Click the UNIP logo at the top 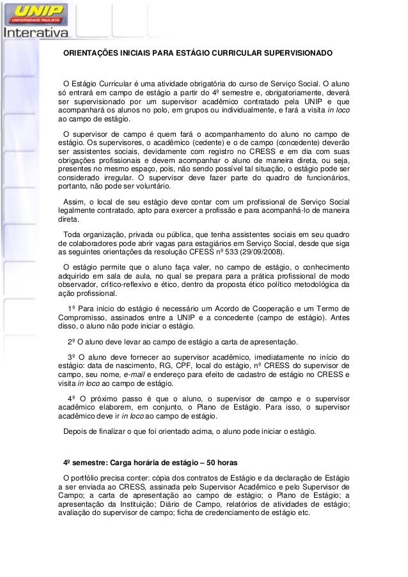point(39,12)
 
